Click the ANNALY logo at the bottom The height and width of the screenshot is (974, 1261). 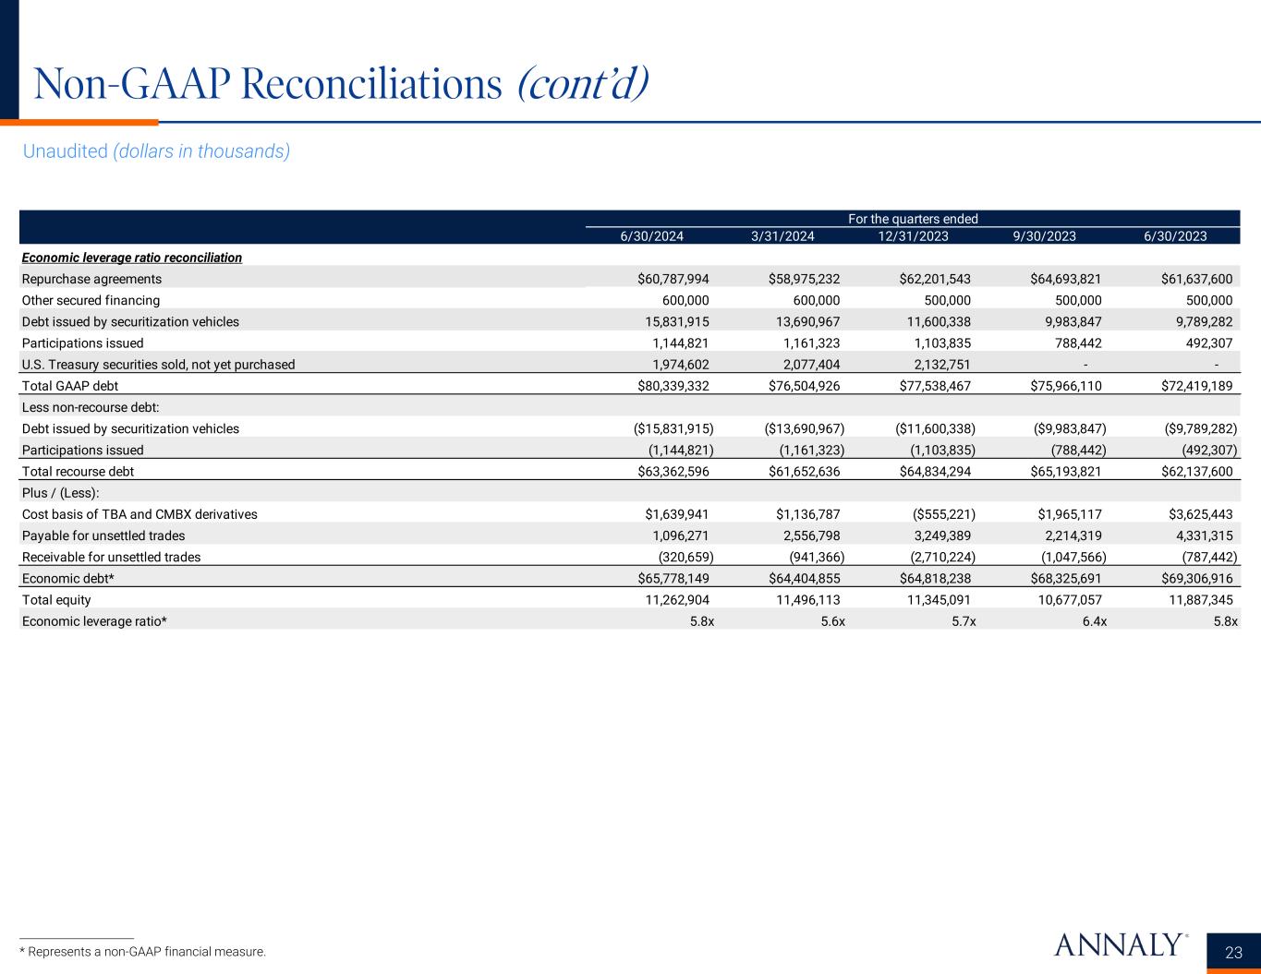pos(1118,944)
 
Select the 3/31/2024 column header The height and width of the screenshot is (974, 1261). pos(782,236)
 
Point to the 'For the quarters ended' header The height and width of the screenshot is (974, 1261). pos(913,219)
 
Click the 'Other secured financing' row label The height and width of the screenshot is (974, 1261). pos(91,300)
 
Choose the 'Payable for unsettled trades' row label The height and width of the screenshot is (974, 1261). pos(103,535)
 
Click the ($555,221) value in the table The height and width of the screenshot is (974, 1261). pos(935,514)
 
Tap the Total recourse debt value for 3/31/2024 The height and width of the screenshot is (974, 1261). pos(804,472)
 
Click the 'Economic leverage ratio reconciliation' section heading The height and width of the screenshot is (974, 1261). pos(132,258)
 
